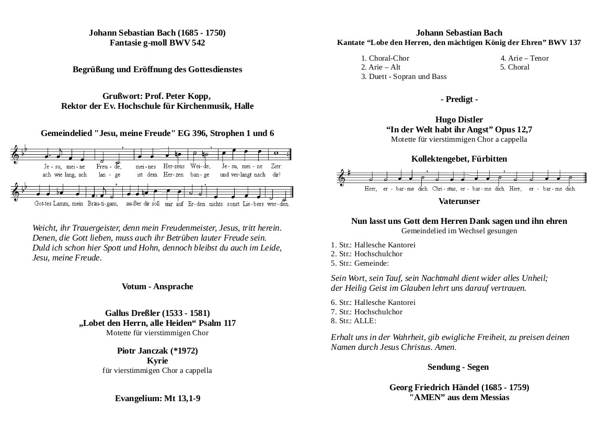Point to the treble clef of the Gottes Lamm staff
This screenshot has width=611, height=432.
[17, 192]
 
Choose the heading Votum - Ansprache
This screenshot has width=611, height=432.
[157, 287]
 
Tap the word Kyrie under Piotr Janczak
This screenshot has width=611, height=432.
[157, 361]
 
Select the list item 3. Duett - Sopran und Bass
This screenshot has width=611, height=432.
[404, 76]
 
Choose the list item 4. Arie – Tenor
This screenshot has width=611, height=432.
[524, 58]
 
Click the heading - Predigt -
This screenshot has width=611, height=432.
[459, 99]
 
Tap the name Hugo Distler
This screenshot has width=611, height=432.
[459, 120]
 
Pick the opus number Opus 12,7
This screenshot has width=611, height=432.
[512, 130]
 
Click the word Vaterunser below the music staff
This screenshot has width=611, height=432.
[459, 201]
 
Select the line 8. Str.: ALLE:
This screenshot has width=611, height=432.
[353, 321]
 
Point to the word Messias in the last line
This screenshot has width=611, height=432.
[494, 397]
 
